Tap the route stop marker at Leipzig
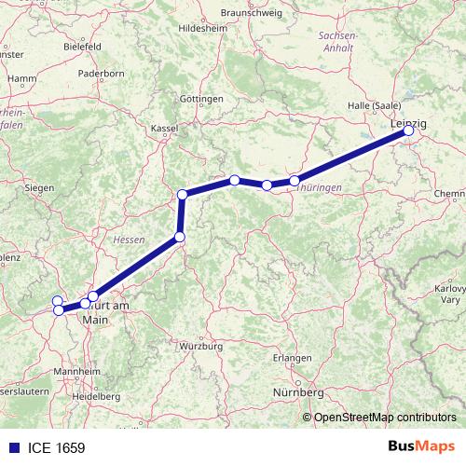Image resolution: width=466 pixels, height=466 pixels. (x=408, y=131)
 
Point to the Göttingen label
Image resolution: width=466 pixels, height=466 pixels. (x=202, y=99)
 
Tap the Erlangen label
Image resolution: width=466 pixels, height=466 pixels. (x=293, y=359)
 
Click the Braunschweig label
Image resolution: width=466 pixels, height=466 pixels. (x=252, y=13)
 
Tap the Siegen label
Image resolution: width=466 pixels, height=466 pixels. (x=39, y=187)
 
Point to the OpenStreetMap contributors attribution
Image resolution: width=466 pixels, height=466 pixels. (x=386, y=418)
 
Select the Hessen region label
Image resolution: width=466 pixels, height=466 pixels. (x=129, y=240)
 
